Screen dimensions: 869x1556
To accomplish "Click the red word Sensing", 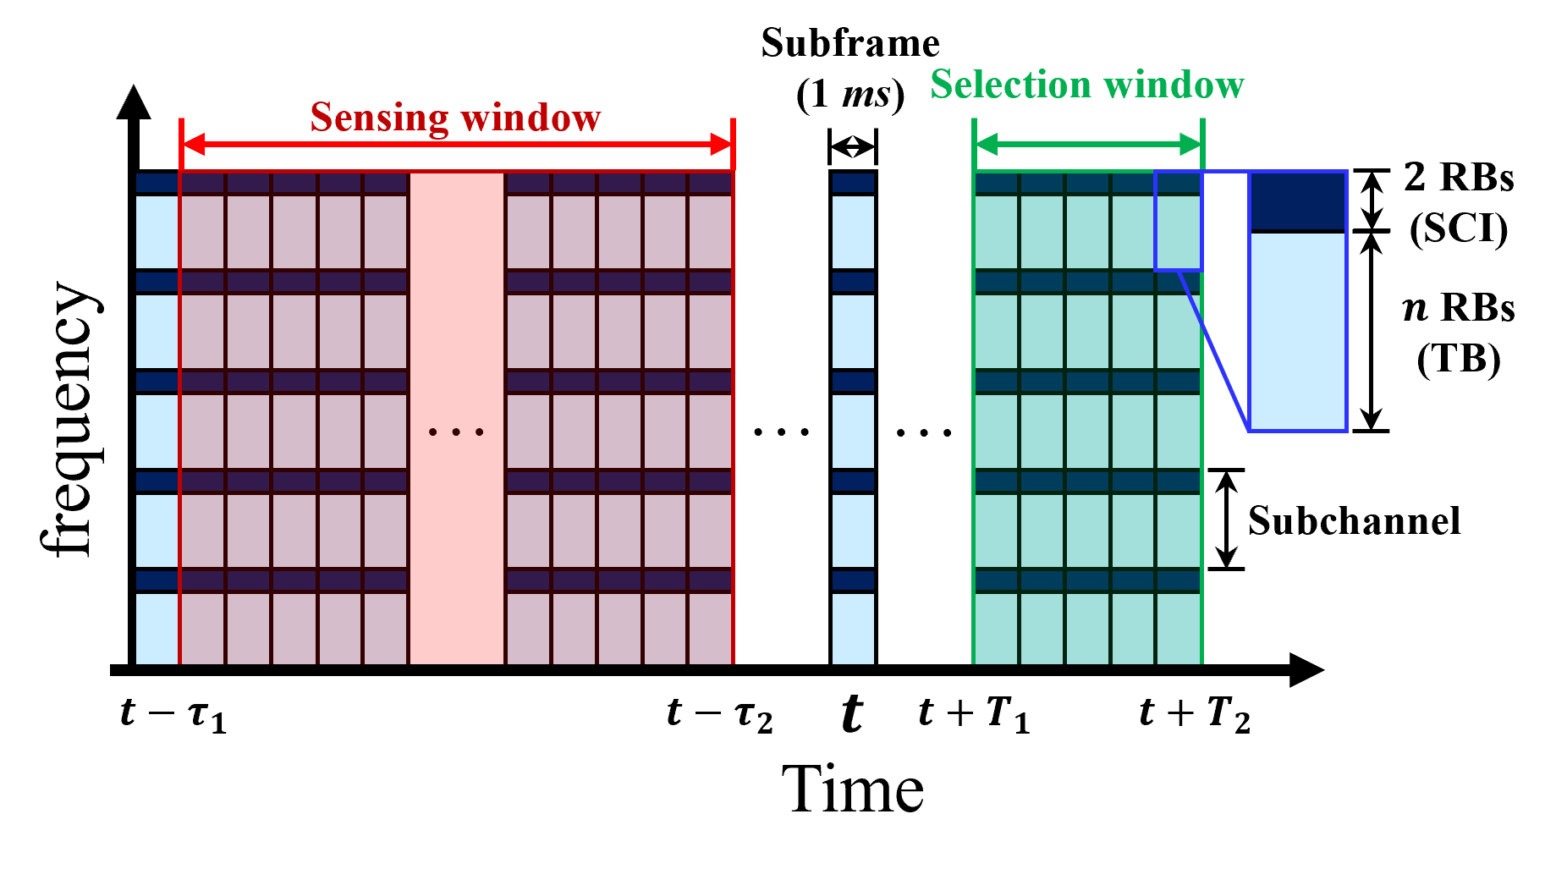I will point(378,117).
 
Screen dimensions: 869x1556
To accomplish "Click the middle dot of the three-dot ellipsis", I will point(456,432).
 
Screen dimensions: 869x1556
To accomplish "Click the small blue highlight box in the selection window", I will point(1178,222).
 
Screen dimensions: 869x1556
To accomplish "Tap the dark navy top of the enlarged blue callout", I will point(1298,201).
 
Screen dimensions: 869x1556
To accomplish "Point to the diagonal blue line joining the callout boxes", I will point(1214,351).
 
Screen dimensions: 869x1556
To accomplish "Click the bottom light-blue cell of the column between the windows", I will point(853,629).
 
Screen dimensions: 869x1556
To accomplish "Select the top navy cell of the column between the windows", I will point(853,183).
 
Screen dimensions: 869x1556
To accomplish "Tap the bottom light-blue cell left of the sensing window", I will point(157,629).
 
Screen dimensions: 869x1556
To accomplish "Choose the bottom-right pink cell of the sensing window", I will point(710,629).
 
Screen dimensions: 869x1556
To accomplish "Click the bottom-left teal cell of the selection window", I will point(996,629).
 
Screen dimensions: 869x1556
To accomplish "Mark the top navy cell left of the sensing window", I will point(157,183).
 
